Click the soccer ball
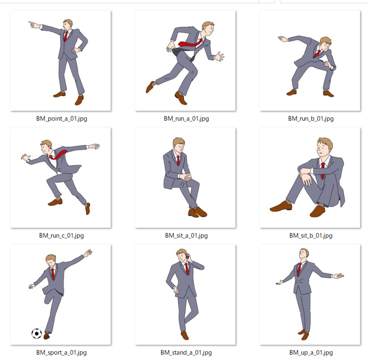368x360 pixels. coord(37,333)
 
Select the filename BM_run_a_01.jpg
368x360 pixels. coord(186,119)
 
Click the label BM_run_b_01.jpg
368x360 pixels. coord(311,119)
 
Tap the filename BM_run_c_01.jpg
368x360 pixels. coord(62,235)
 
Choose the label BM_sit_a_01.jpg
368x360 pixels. coord(186,235)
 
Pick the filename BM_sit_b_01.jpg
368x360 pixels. coord(311,235)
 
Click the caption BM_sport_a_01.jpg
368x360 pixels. coord(62,352)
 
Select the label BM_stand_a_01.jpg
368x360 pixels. coord(186,352)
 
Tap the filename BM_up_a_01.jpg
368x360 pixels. coord(311,352)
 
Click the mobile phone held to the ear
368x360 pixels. coord(188,257)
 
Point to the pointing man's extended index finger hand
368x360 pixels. coord(34,25)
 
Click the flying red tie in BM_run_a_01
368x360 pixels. coord(189,43)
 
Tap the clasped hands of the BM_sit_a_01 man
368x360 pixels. coord(186,176)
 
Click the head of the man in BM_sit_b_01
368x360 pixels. coord(325,147)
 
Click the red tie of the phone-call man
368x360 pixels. coord(187,269)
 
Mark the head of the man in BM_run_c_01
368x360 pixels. coord(46,147)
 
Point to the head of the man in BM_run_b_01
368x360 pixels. coord(325,44)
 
